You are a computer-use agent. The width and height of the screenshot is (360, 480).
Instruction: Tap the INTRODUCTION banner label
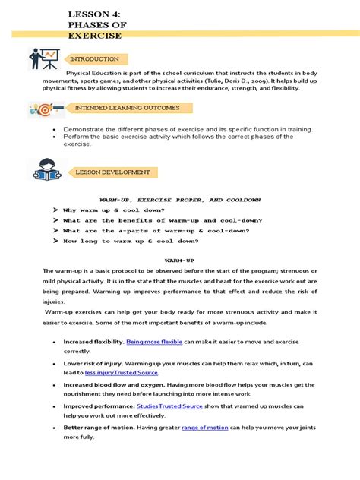pos(96,59)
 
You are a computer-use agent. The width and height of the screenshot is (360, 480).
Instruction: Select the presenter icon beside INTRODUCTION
pos(44,58)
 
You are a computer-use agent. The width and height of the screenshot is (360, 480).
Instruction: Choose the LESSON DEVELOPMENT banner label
pos(112,172)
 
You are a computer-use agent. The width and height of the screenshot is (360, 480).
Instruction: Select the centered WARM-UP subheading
pos(180,260)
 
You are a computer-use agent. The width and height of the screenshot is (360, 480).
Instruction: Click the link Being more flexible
pos(155,343)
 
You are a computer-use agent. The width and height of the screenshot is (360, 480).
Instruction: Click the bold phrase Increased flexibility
pos(93,343)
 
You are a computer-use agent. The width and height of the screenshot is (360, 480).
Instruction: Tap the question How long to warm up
pos(131,241)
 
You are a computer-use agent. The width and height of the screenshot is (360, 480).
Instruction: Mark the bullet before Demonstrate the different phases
pos(55,130)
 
